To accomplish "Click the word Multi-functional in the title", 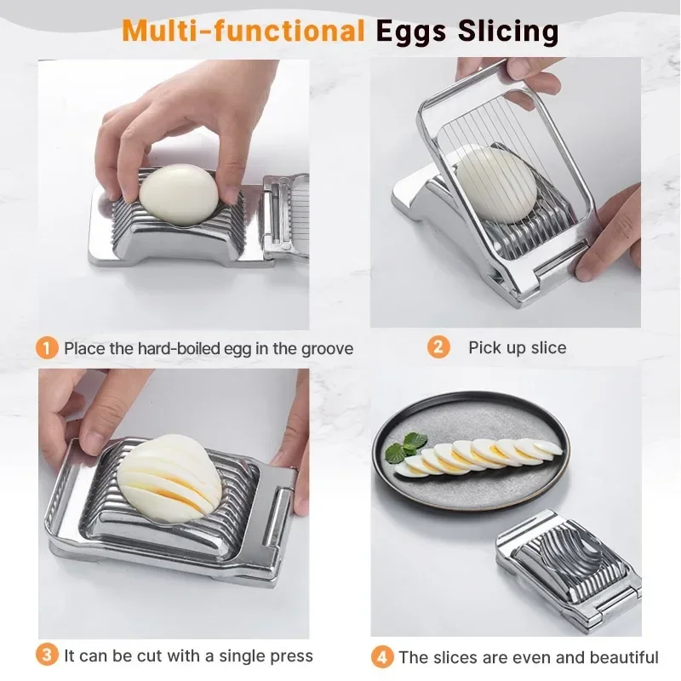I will (243, 31).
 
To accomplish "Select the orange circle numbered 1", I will (48, 347).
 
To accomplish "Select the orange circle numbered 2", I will (438, 346).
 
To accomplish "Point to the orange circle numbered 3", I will (48, 655).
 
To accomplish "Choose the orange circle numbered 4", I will (382, 657).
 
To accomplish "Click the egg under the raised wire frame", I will (498, 184).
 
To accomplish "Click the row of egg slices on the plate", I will (481, 455).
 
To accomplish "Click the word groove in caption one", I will (325, 348).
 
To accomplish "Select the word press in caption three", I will (290, 656).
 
